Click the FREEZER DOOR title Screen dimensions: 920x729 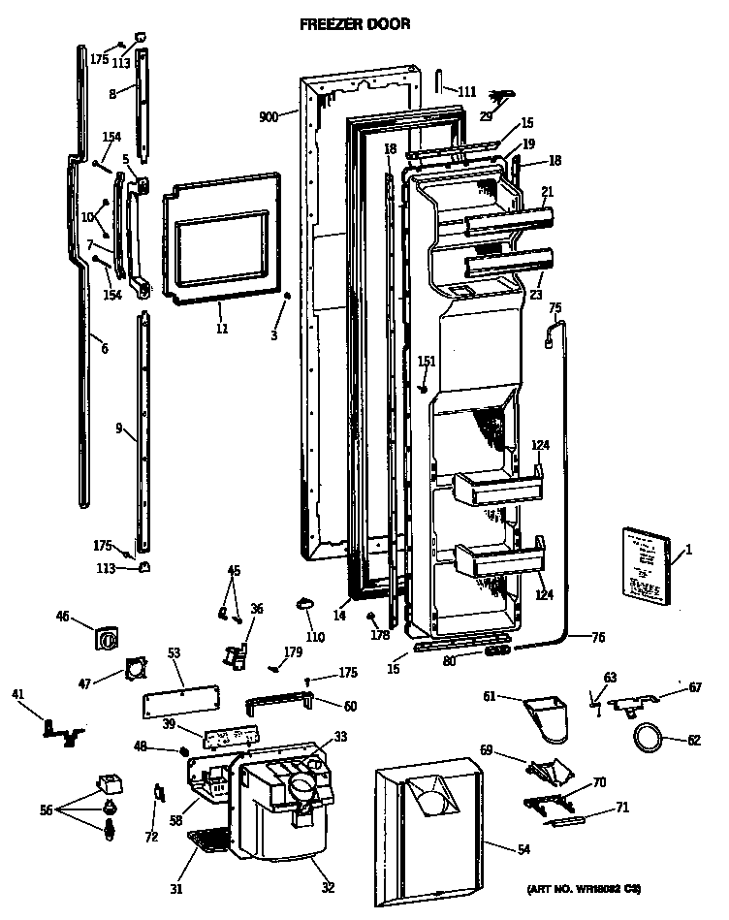354,23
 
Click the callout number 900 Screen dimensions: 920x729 269,116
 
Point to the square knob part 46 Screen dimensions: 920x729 106,639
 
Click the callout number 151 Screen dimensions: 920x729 427,362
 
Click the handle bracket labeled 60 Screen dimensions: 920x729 280,701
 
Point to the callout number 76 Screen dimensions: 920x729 597,637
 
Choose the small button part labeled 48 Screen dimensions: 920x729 183,750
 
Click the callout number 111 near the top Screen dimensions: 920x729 466,91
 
